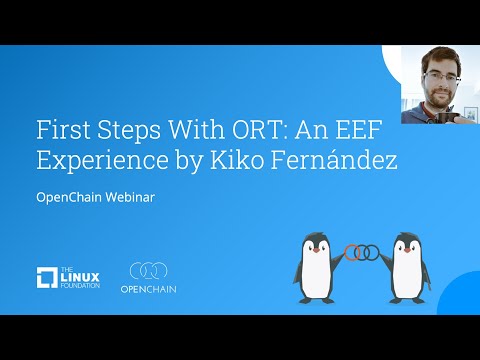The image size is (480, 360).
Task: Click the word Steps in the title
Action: coord(131,131)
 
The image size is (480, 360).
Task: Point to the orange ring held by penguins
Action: coord(351,252)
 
